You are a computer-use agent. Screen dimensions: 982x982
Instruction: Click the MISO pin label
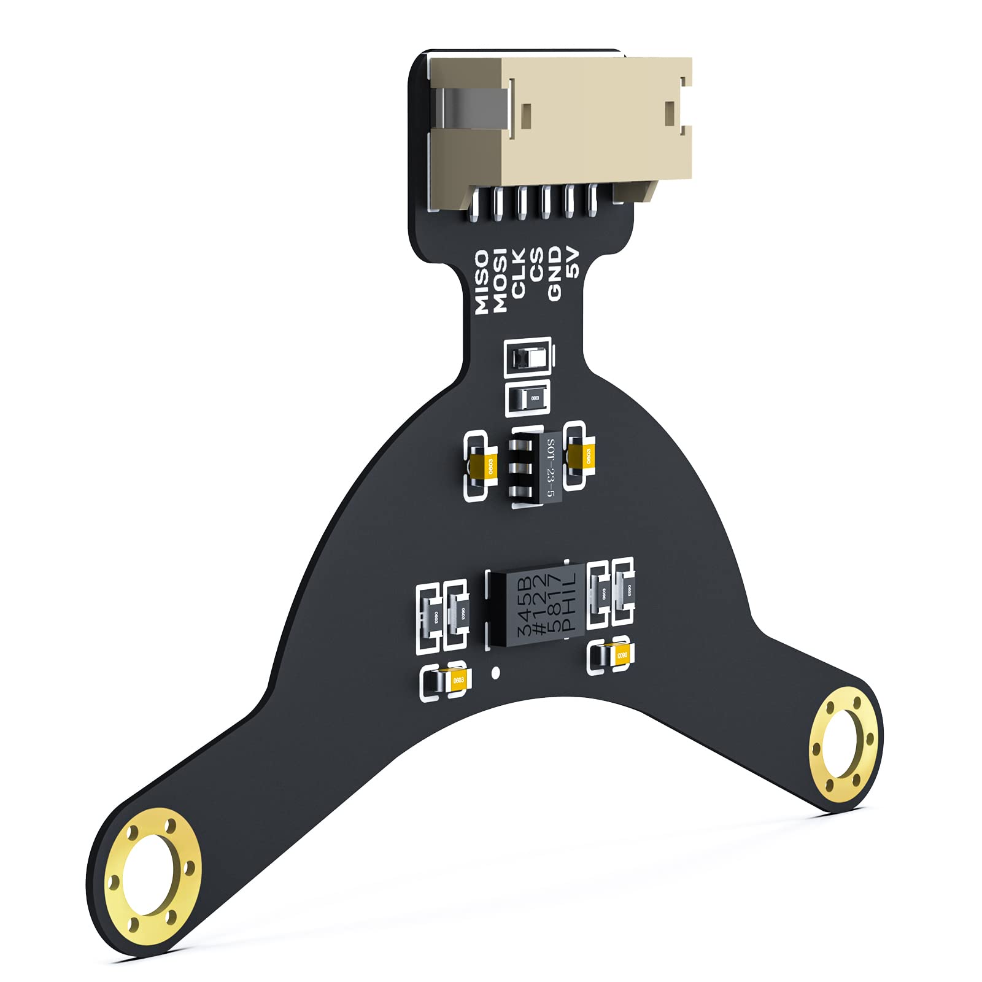pyautogui.click(x=482, y=282)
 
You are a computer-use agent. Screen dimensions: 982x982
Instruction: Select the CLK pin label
pyautogui.click(x=519, y=273)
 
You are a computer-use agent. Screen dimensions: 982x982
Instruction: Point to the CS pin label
pyautogui.click(x=536, y=265)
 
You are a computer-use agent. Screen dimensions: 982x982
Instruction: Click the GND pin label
pyautogui.click(x=554, y=273)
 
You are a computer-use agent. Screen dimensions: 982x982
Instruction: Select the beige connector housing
pyautogui.click(x=595, y=123)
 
